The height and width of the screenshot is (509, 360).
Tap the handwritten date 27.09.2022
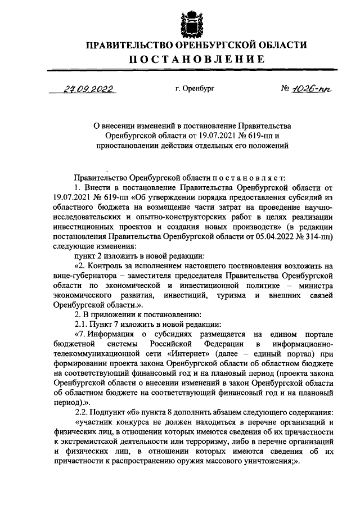(x=87, y=89)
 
